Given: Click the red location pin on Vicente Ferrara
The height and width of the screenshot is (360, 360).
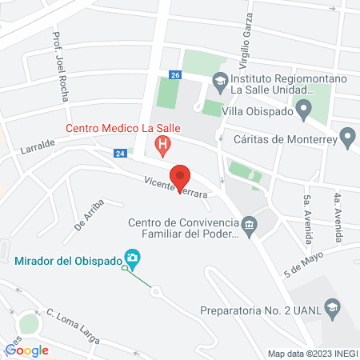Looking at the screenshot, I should coord(181,177).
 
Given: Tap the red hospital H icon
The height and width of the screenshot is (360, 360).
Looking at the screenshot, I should coord(163,146).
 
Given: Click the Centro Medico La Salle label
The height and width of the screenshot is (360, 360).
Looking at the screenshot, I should coord(123,128).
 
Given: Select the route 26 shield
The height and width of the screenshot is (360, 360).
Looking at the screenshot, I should coord(175,74).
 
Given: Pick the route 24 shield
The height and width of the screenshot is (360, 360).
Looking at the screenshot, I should coord(119,153).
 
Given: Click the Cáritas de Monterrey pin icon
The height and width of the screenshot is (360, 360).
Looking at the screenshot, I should coord(347,138).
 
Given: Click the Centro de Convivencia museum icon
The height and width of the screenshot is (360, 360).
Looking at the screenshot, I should coord(250,226).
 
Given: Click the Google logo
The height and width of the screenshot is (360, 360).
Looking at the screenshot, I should coord(27,350).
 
